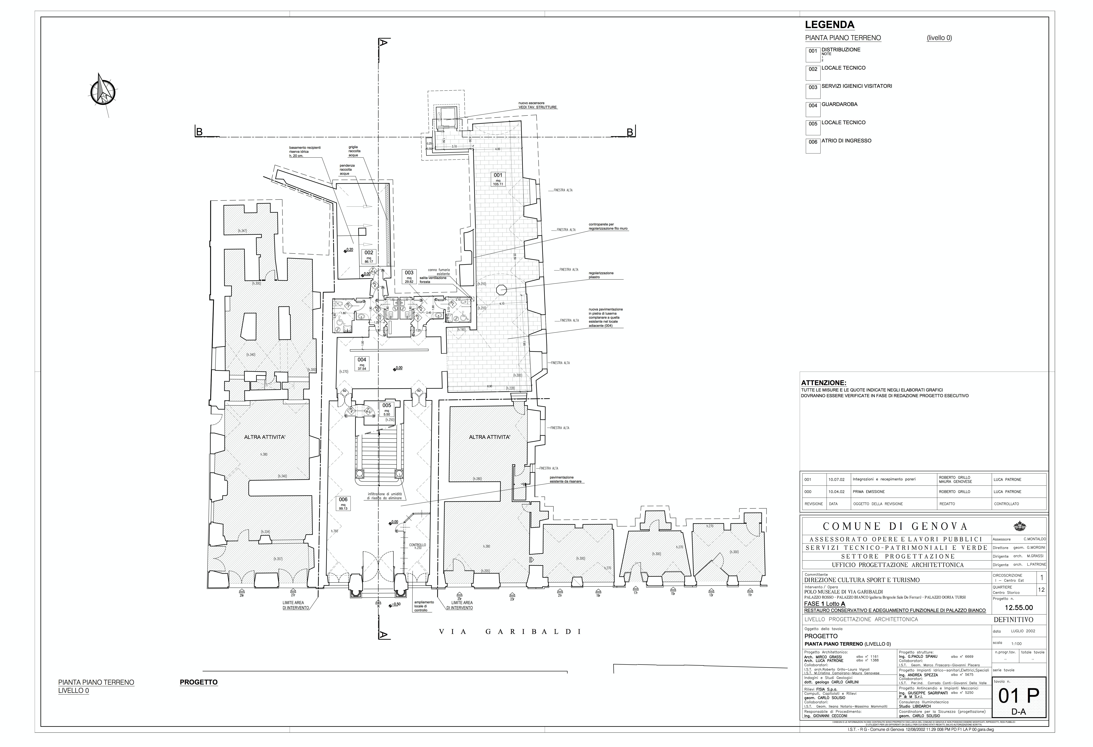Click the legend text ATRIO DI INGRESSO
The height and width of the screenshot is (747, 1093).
[x=846, y=141]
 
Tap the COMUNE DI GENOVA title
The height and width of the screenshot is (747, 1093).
[x=895, y=526]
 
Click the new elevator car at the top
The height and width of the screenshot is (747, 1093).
[x=444, y=115]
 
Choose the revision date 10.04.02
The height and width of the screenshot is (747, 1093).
[x=837, y=492]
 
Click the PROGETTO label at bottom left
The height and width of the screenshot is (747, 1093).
[x=199, y=682]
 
